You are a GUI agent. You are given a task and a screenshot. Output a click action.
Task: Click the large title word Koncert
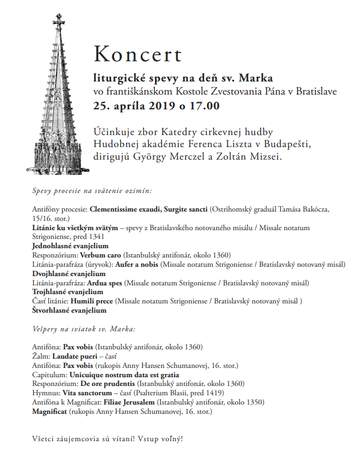137,55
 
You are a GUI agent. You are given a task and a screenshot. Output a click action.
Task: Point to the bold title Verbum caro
101,255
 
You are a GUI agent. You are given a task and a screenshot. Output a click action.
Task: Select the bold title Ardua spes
103,283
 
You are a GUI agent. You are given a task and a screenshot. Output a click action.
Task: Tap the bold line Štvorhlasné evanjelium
69,311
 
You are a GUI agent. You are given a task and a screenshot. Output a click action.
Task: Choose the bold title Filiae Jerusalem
131,402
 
